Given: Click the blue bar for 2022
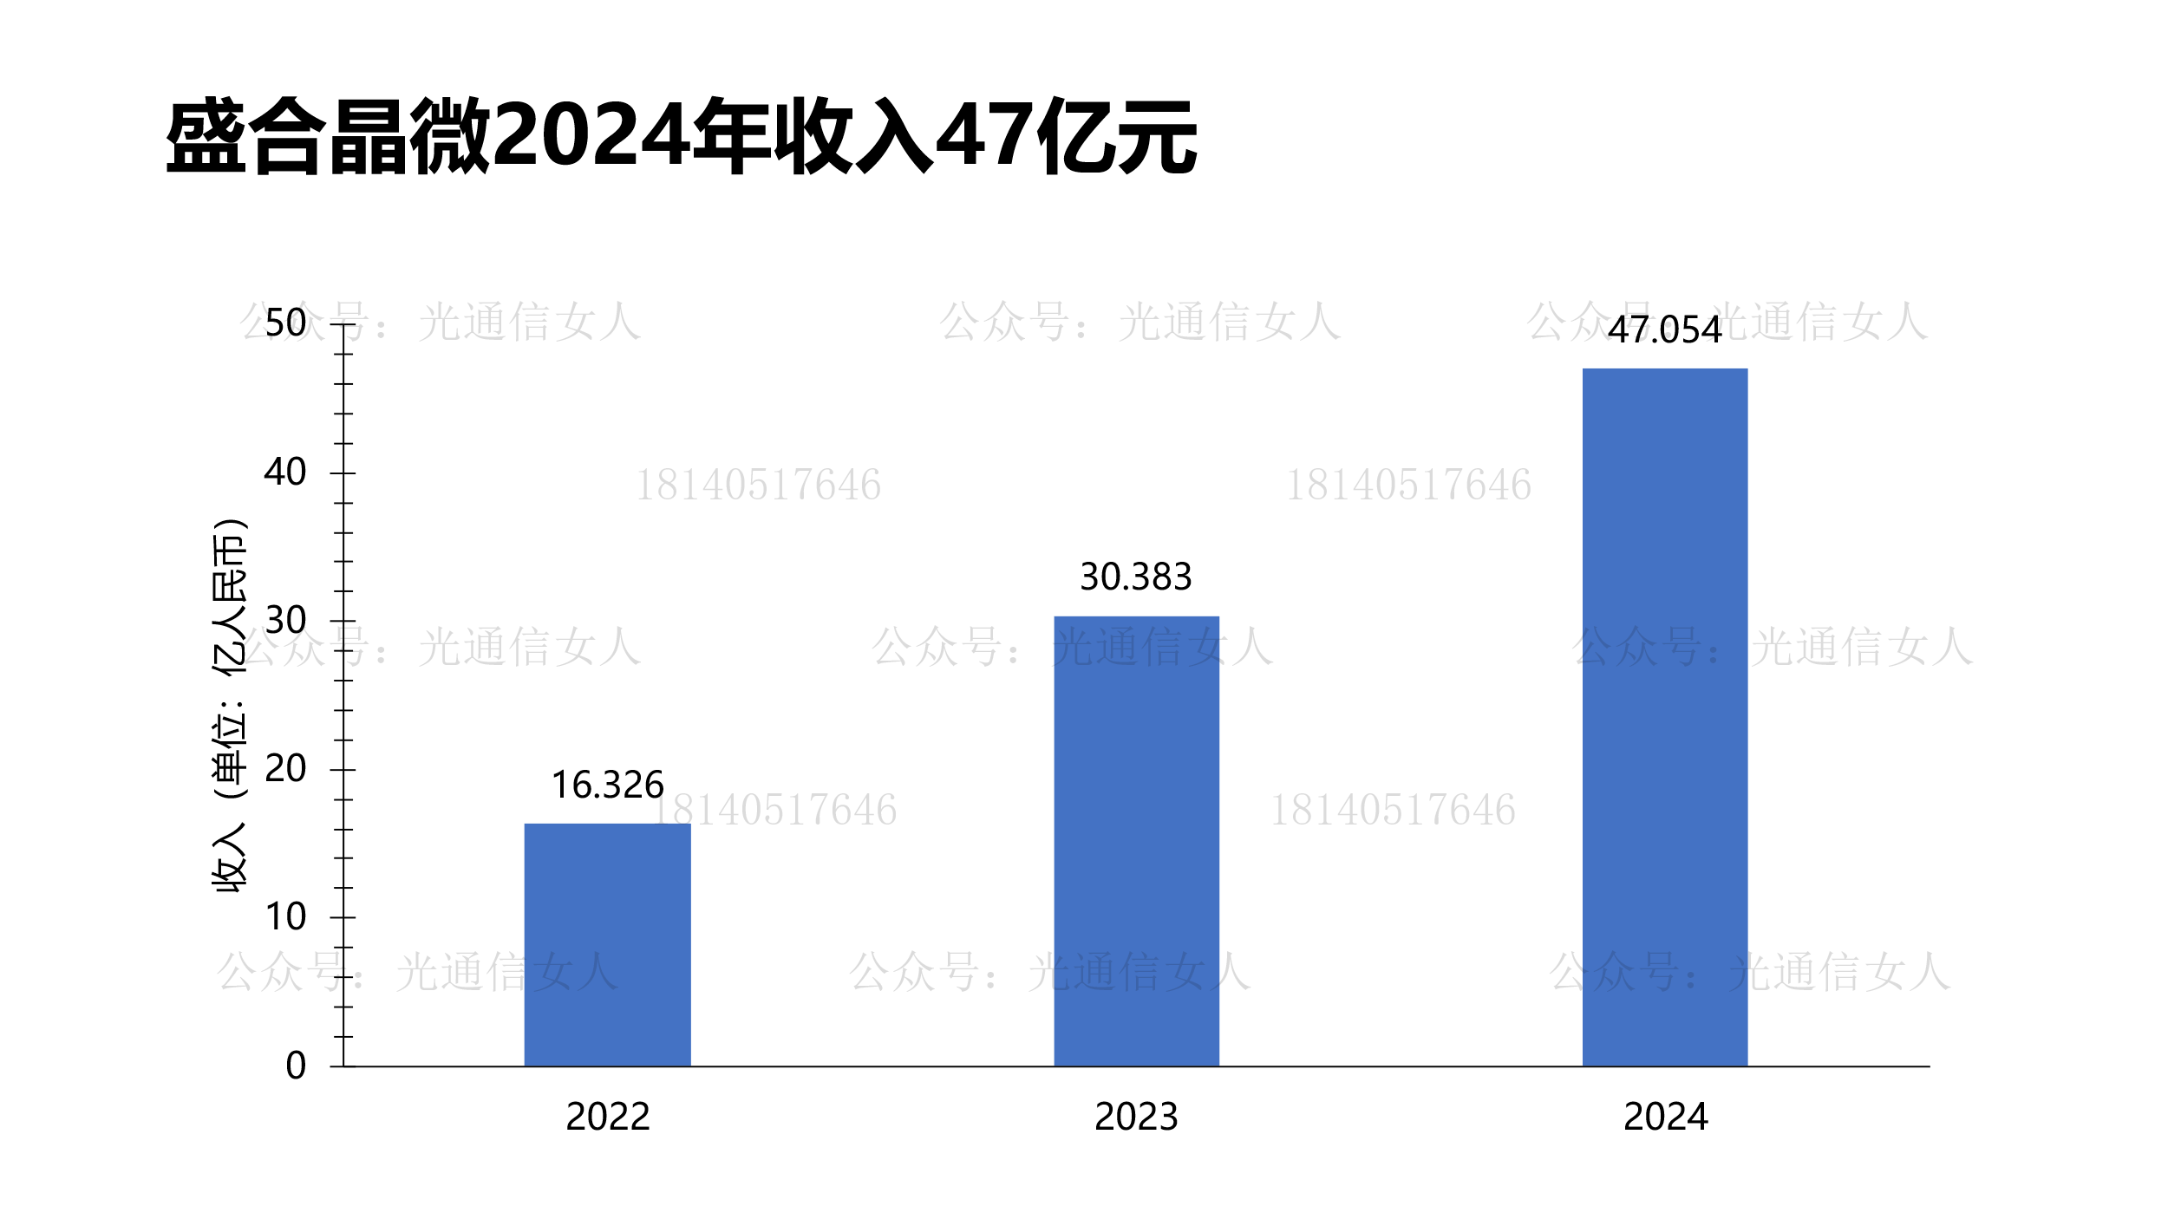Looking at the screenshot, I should [607, 944].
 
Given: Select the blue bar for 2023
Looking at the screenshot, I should [1136, 840].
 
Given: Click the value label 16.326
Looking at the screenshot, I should [607, 785].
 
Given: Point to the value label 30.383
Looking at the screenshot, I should [1135, 577].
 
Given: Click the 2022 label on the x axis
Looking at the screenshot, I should [607, 1117].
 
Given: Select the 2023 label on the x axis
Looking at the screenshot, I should [1136, 1117].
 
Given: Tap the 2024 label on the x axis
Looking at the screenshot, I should [1665, 1117].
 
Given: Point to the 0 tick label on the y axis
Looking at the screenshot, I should [296, 1066].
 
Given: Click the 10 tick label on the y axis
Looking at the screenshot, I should [285, 917].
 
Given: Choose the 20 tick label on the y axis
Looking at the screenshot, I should [285, 769].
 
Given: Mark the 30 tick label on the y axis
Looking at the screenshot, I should [285, 621].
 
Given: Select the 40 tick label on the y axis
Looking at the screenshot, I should [285, 473].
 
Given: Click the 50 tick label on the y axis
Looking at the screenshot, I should [285, 323].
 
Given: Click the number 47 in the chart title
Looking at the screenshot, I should [985, 135].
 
